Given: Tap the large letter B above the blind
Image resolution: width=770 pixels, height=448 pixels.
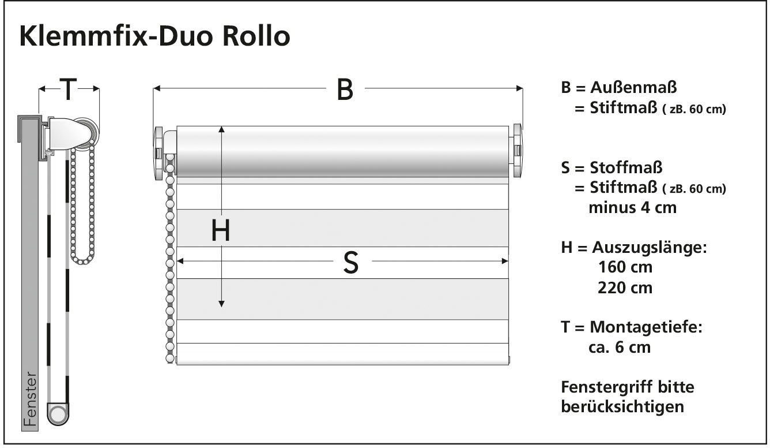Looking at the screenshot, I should pyautogui.click(x=345, y=89).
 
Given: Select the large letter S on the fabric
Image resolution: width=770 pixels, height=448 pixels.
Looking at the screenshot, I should pyautogui.click(x=350, y=263).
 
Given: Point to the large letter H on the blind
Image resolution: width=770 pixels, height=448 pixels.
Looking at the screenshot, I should pyautogui.click(x=221, y=231).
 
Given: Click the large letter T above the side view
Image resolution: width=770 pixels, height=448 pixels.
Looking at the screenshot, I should pyautogui.click(x=68, y=89).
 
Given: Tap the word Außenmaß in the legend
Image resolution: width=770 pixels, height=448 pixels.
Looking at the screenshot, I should pyautogui.click(x=633, y=88).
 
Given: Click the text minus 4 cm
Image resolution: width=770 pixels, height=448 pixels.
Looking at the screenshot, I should pyautogui.click(x=632, y=207).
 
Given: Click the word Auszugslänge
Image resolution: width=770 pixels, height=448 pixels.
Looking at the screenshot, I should pyautogui.click(x=648, y=248).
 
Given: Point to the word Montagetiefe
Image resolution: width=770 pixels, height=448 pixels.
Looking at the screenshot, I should pyautogui.click(x=646, y=327).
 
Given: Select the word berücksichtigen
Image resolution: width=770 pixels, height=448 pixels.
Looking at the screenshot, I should pyautogui.click(x=622, y=406).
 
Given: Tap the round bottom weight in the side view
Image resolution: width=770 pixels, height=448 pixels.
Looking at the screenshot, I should pyautogui.click(x=58, y=413).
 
